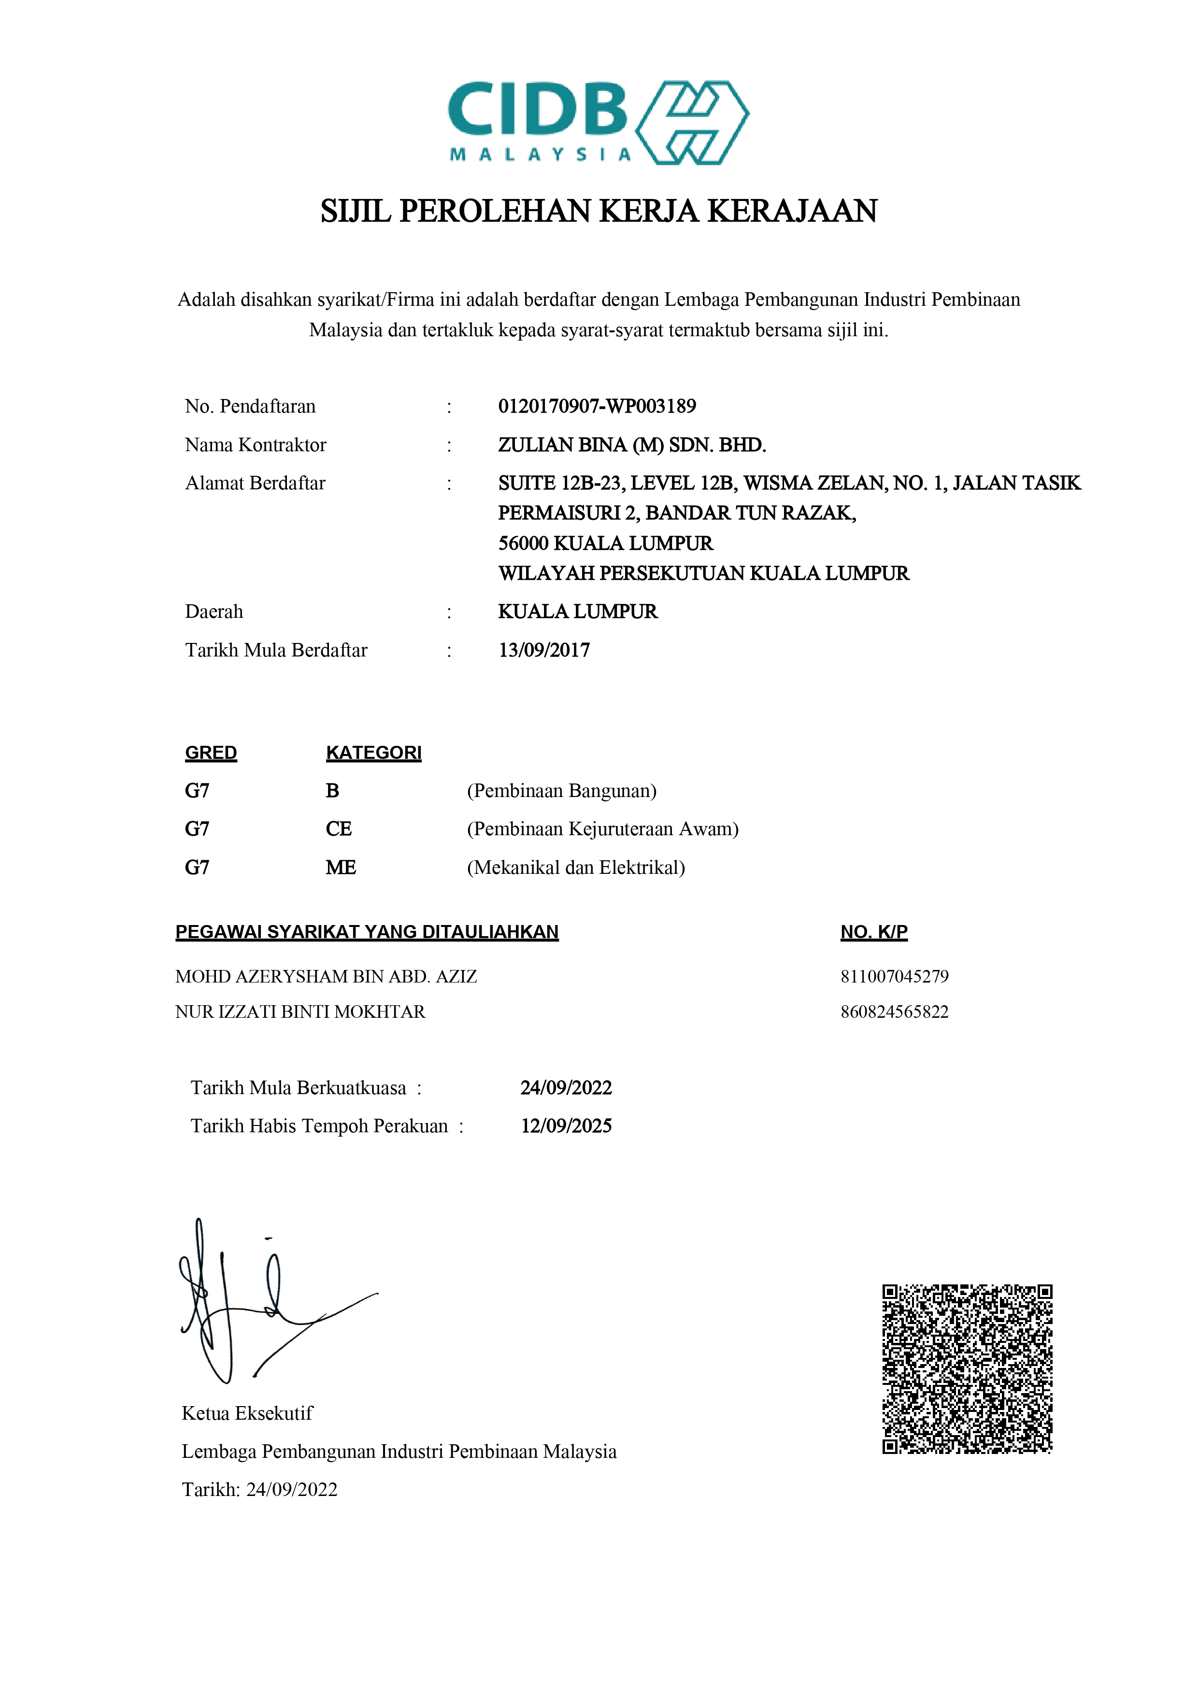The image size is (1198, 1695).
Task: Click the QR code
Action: (x=967, y=1368)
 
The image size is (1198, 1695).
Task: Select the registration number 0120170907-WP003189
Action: (x=597, y=406)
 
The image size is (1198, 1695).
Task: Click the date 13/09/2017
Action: (x=544, y=650)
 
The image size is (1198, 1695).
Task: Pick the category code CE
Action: (x=338, y=828)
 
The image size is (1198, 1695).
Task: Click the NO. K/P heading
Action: (x=873, y=932)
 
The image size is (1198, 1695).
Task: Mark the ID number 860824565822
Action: (x=894, y=1011)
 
